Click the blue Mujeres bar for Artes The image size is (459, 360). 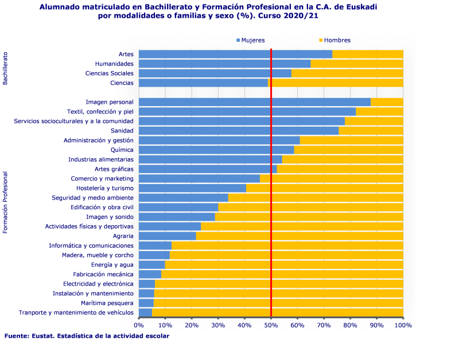coord(235,54)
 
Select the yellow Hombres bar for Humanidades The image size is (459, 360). coord(356,64)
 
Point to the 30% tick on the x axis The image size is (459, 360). coord(218,325)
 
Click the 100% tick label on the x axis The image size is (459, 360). coord(403,325)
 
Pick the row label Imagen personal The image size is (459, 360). coord(110,102)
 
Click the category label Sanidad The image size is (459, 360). coord(122,131)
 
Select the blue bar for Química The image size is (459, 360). coord(216,150)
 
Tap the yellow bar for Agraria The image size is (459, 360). coord(299,236)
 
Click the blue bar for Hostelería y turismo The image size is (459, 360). coord(192,188)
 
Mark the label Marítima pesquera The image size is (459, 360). coord(107,303)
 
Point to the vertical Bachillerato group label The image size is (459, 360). coord(5,68)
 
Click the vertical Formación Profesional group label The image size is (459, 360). coord(5,203)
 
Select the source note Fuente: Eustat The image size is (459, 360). coord(87,336)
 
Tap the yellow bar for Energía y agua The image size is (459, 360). coord(284,264)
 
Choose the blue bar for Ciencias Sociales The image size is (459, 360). coord(215,73)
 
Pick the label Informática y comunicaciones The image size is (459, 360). coord(91,245)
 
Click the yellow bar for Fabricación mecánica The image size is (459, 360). coord(282,274)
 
